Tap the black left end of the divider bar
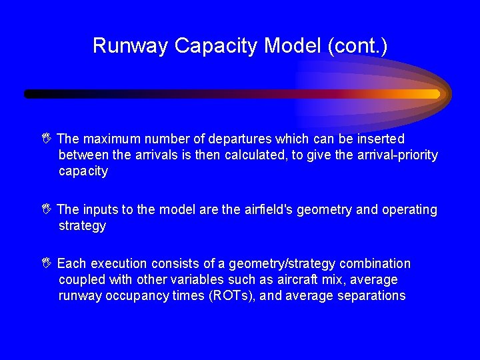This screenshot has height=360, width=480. [x=29, y=94]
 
